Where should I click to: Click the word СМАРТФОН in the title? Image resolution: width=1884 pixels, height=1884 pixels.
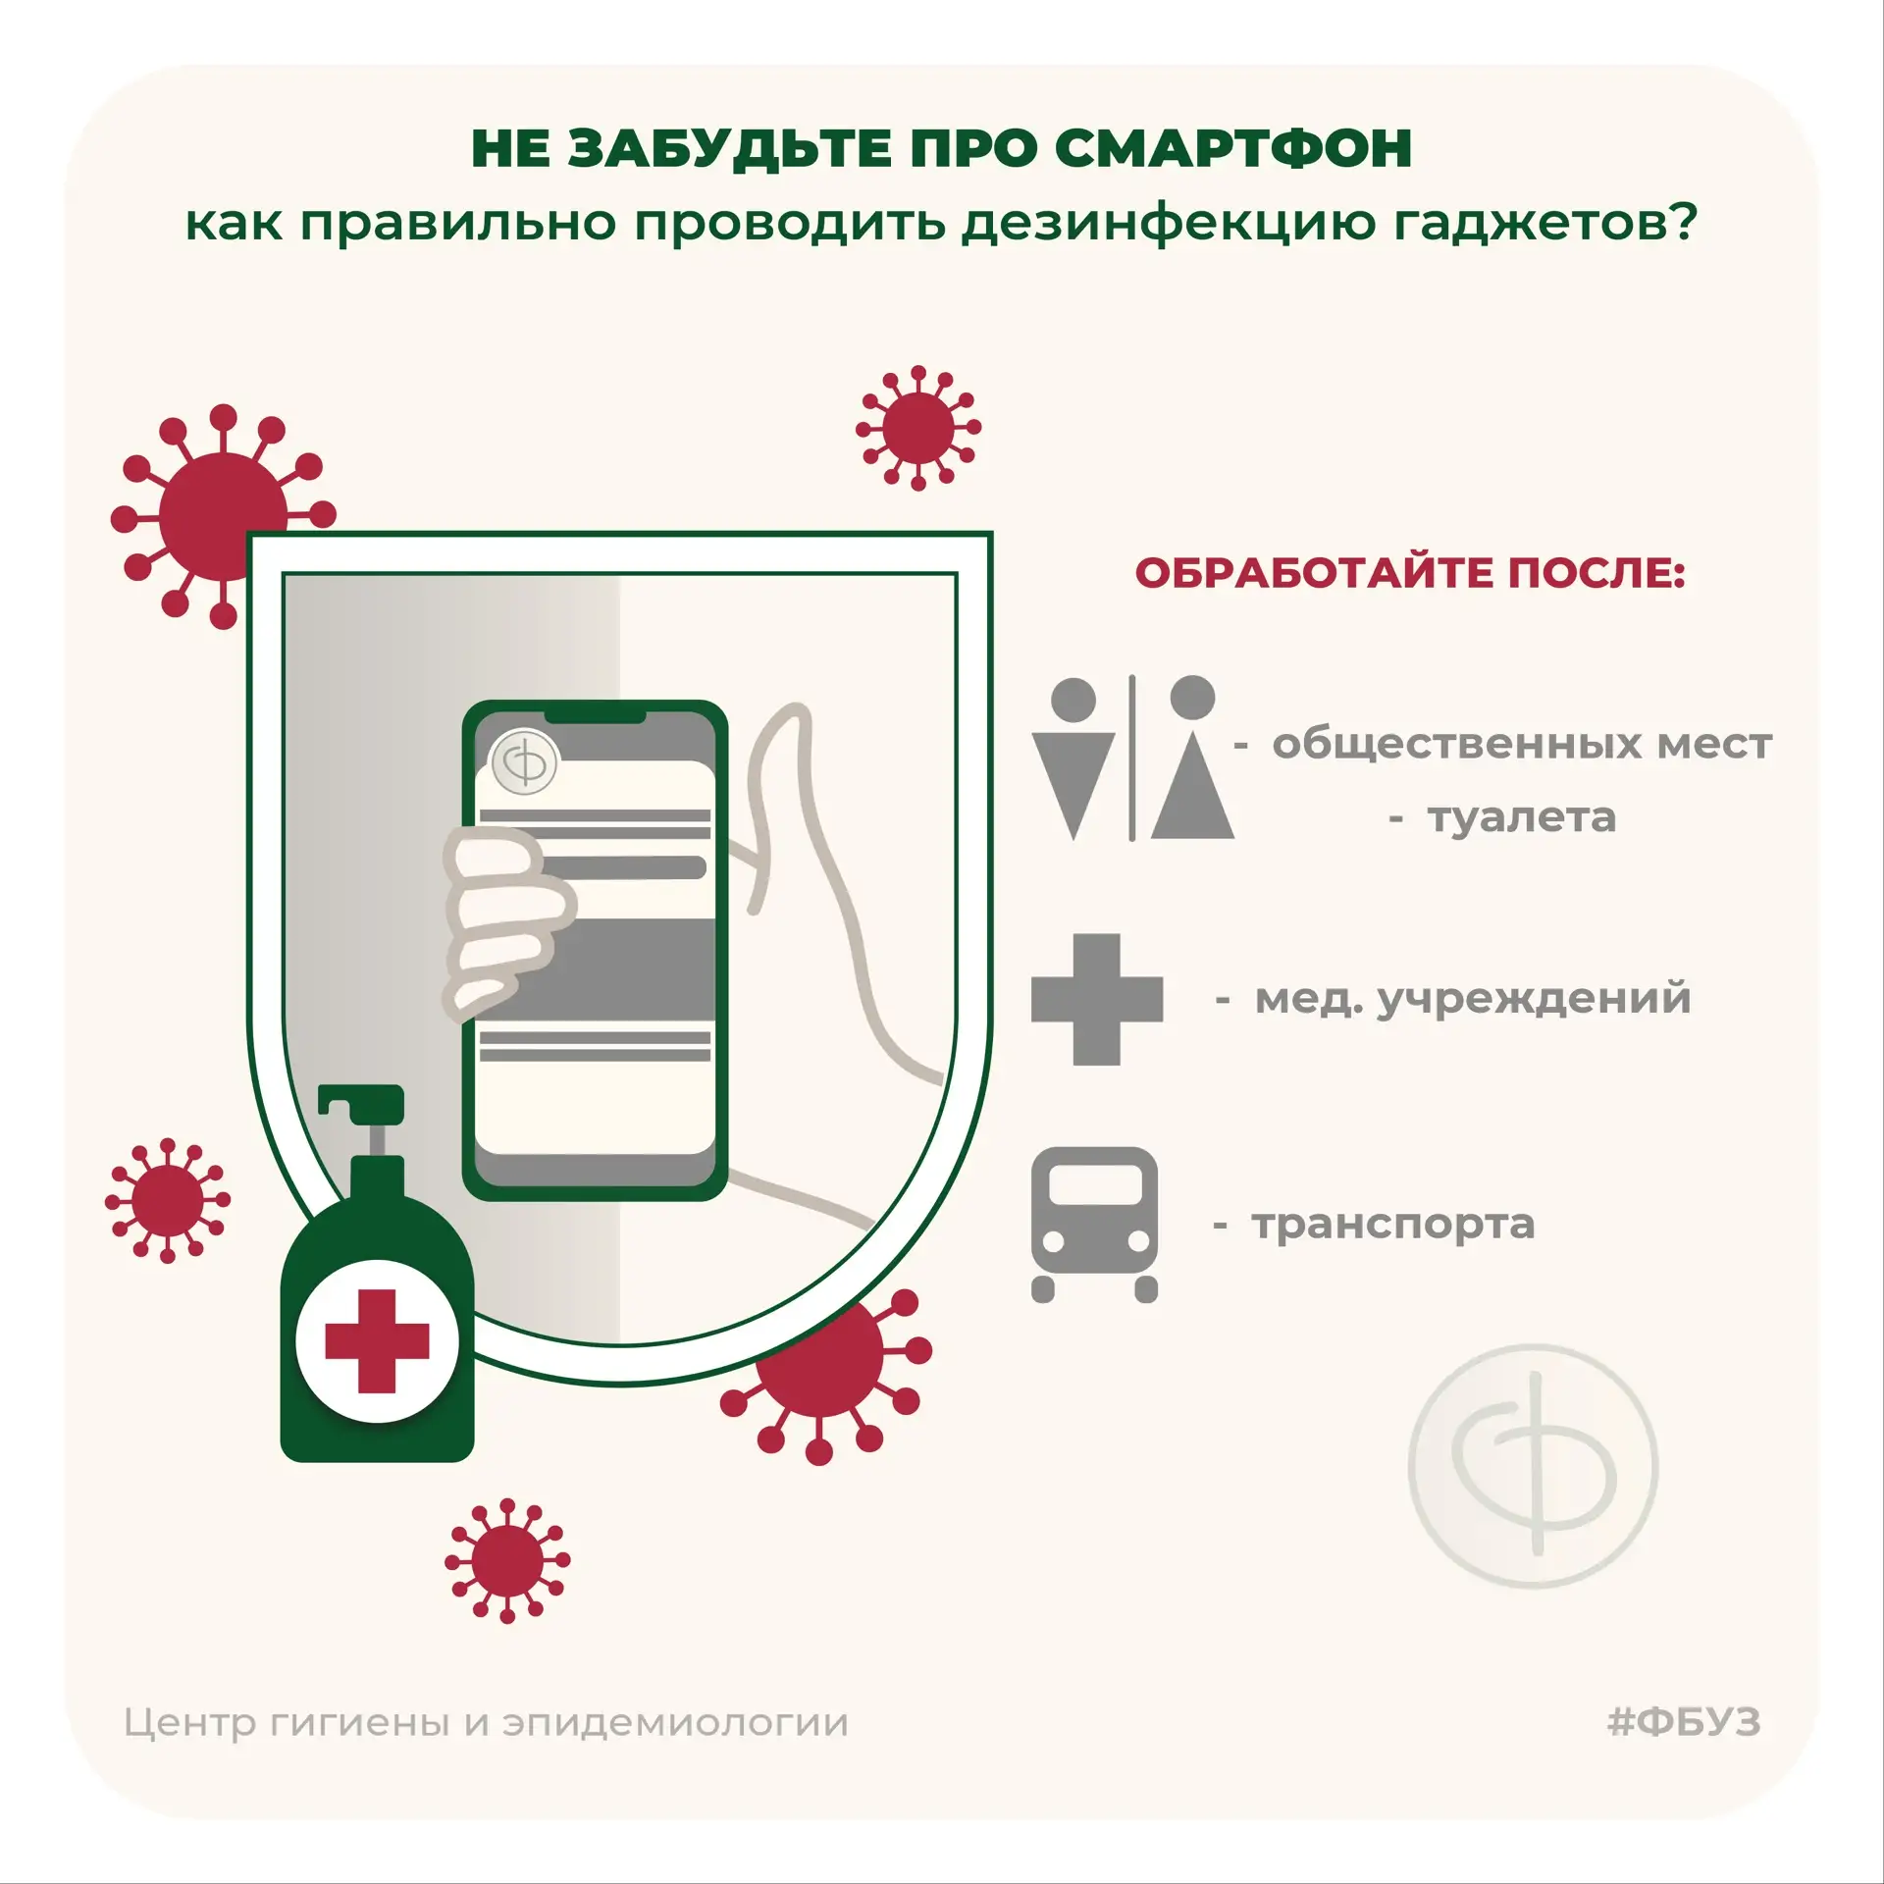click(1233, 149)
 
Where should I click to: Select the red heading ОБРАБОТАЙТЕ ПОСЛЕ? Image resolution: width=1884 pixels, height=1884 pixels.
click(1410, 573)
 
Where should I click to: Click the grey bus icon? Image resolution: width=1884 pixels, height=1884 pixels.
click(1094, 1224)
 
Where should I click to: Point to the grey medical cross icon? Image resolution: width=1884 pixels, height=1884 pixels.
click(1097, 999)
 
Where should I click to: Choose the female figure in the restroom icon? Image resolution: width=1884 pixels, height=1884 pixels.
click(1192, 757)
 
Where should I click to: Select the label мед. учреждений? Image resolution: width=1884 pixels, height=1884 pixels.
click(1473, 999)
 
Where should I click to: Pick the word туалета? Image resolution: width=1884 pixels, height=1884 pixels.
click(1521, 818)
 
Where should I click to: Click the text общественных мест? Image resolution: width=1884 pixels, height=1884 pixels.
click(1522, 744)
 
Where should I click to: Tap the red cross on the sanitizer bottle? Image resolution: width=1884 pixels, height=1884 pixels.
click(377, 1340)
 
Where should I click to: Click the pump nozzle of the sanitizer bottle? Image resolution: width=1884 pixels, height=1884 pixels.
click(360, 1104)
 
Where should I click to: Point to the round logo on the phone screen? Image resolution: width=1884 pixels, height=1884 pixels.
click(524, 761)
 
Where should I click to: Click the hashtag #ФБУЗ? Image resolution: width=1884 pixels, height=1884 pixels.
click(1684, 1722)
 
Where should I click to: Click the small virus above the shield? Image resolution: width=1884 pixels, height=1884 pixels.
click(918, 428)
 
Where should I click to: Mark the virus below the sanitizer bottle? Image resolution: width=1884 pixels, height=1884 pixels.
click(507, 1560)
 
